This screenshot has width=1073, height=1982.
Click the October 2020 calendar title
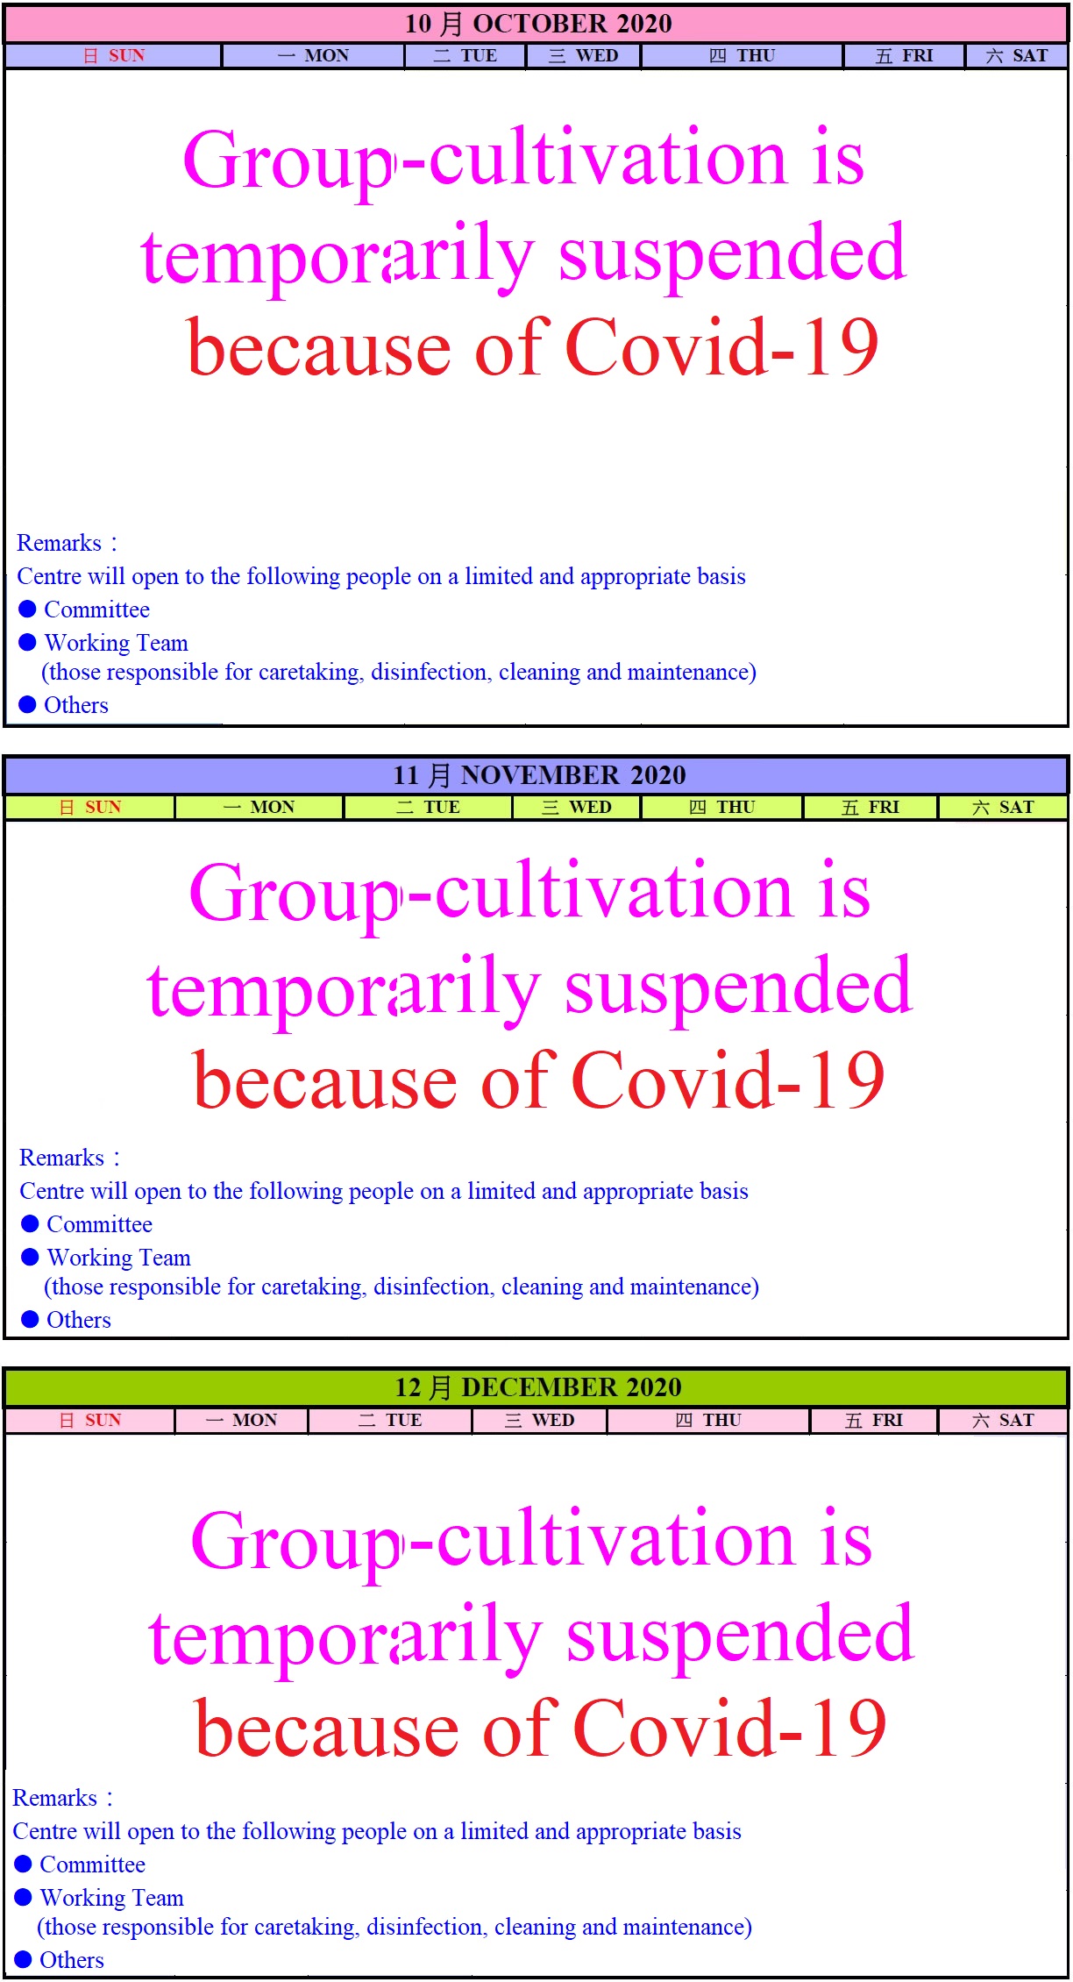coord(538,24)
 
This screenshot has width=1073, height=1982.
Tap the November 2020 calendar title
coord(539,775)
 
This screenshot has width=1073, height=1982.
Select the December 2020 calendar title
coord(538,1387)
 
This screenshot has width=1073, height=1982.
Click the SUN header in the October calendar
coord(114,55)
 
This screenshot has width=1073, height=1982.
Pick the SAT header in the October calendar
coord(1017,55)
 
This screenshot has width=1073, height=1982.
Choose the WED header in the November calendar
coord(577,807)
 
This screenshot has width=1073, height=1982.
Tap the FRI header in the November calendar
coord(870,807)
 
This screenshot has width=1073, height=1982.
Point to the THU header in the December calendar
coord(708,1420)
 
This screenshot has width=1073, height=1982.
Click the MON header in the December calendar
coord(242,1420)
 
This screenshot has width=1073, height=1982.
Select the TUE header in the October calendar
coord(465,55)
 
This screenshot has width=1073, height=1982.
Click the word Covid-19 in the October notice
coord(721,347)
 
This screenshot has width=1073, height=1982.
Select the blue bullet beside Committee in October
coord(27,609)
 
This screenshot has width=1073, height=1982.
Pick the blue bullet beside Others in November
coord(30,1319)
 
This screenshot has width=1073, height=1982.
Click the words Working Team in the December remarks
coord(112,1899)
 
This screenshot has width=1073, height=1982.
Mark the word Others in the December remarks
coord(72,1960)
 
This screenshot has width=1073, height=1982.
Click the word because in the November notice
coord(325,1081)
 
